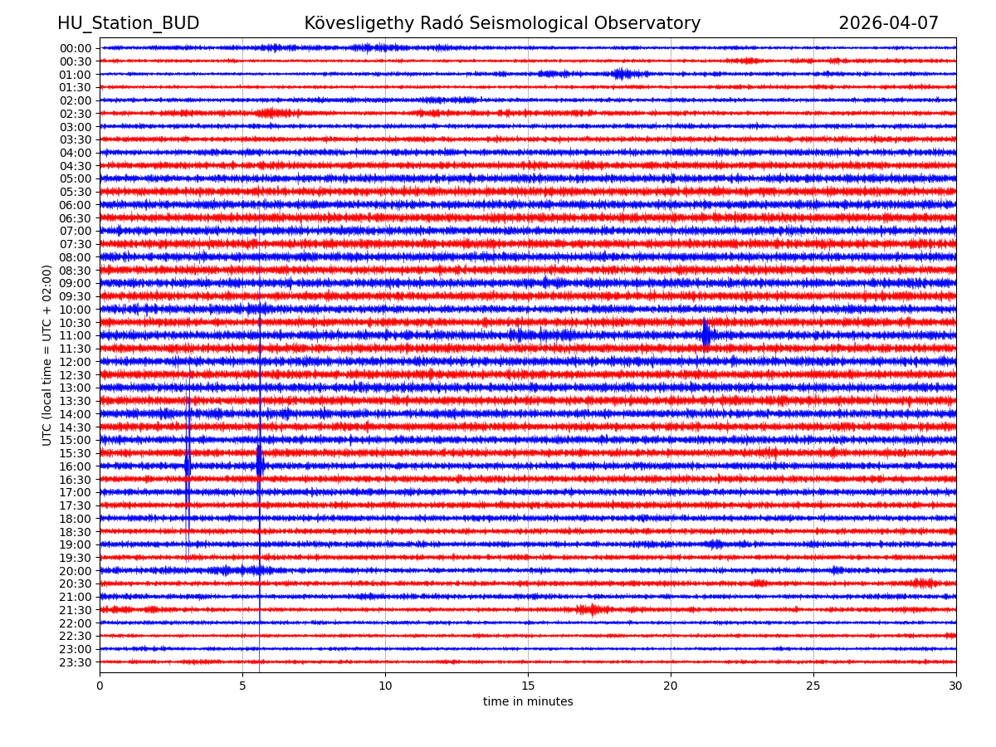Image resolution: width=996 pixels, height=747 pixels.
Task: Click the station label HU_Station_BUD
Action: pos(128,23)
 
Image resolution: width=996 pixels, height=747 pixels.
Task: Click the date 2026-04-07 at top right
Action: pos(888,23)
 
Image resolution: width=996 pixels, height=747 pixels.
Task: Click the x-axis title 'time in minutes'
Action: pos(528,702)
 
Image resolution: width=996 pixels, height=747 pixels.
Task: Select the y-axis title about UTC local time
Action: pos(47,355)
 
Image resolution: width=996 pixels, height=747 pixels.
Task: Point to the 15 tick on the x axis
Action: pos(528,686)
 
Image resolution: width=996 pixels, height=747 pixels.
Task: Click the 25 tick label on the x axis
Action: pos(813,686)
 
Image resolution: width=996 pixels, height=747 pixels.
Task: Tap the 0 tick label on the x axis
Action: pos(100,686)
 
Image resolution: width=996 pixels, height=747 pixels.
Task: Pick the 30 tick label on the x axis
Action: pos(956,686)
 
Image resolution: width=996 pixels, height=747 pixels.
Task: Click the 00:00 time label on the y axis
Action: pos(75,48)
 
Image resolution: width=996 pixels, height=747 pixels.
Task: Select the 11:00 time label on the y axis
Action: pos(75,335)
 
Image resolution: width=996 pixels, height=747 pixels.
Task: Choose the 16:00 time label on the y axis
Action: pos(75,466)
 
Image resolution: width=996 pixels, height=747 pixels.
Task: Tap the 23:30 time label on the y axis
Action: pos(75,662)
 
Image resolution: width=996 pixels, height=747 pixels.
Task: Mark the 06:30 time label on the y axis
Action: pos(75,218)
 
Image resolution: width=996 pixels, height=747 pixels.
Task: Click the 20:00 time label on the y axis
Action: pos(75,571)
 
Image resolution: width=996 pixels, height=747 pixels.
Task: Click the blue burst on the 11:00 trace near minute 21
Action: pos(705,334)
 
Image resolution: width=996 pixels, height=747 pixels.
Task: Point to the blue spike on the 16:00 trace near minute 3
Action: pos(188,466)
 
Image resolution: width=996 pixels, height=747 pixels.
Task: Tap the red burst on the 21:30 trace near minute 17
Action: pos(588,609)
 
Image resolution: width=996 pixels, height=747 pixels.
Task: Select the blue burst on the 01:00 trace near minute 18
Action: pos(621,74)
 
